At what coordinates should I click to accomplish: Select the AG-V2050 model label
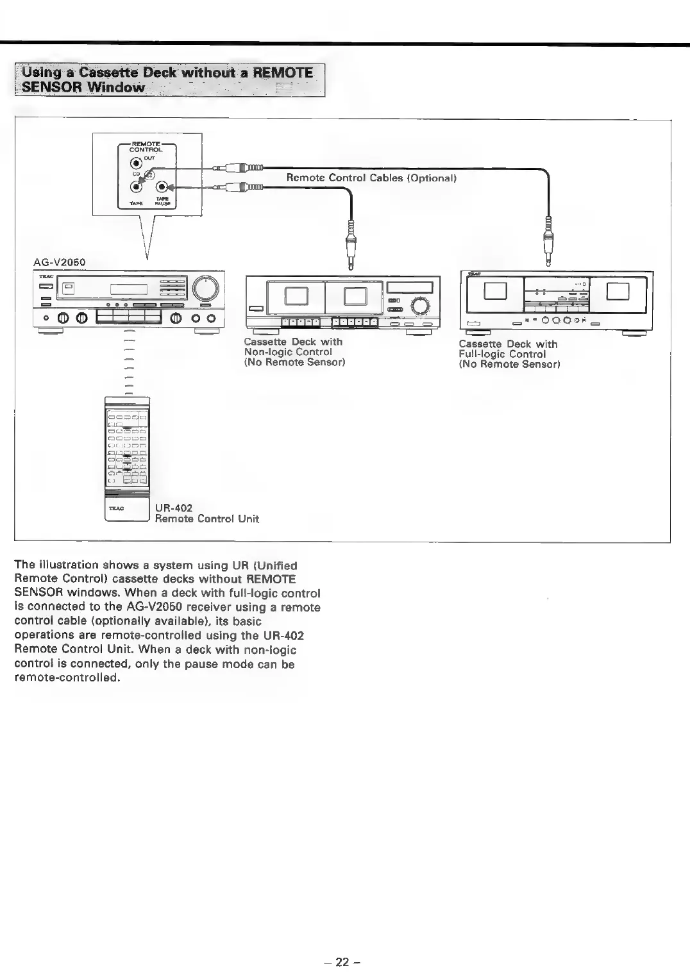click(x=59, y=262)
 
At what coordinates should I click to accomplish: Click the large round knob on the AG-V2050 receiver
click(x=205, y=288)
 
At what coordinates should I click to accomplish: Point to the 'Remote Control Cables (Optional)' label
click(x=371, y=178)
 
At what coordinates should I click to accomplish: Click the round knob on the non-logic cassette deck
click(x=421, y=306)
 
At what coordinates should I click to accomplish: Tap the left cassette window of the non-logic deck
click(x=296, y=296)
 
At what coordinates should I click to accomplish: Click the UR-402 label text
click(x=173, y=508)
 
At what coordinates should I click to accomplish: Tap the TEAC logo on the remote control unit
click(x=116, y=508)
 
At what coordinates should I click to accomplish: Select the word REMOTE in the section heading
click(x=283, y=72)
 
